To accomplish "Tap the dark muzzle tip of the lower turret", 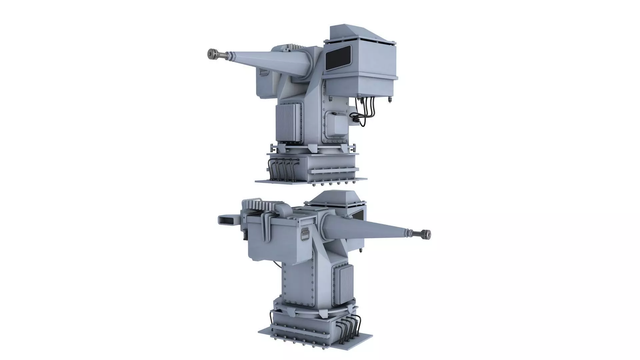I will (x=426, y=234).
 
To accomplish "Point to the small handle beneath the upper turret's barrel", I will (x=263, y=71).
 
